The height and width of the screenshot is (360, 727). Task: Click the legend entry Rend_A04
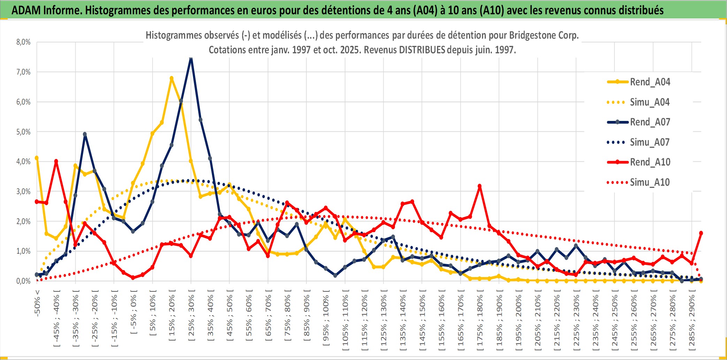coord(650,82)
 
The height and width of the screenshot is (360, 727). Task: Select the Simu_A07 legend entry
coord(650,142)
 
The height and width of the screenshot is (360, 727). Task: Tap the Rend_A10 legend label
coord(650,162)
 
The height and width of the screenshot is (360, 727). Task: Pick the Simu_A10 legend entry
coord(650,182)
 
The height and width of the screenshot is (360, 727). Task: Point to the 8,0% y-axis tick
coord(23,42)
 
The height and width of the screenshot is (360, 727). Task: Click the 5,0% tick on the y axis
coord(23,132)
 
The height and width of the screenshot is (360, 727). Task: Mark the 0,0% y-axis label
coord(23,281)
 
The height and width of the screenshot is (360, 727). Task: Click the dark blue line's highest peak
coord(191,59)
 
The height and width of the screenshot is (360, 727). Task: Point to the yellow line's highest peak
coord(171,78)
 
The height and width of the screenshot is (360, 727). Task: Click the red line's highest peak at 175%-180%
coord(480,186)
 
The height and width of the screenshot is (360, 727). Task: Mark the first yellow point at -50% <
coord(37,158)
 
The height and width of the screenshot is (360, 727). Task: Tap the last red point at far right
coord(701,233)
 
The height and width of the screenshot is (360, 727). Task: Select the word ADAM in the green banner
coord(26,10)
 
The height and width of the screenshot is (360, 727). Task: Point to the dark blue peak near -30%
coord(85,134)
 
